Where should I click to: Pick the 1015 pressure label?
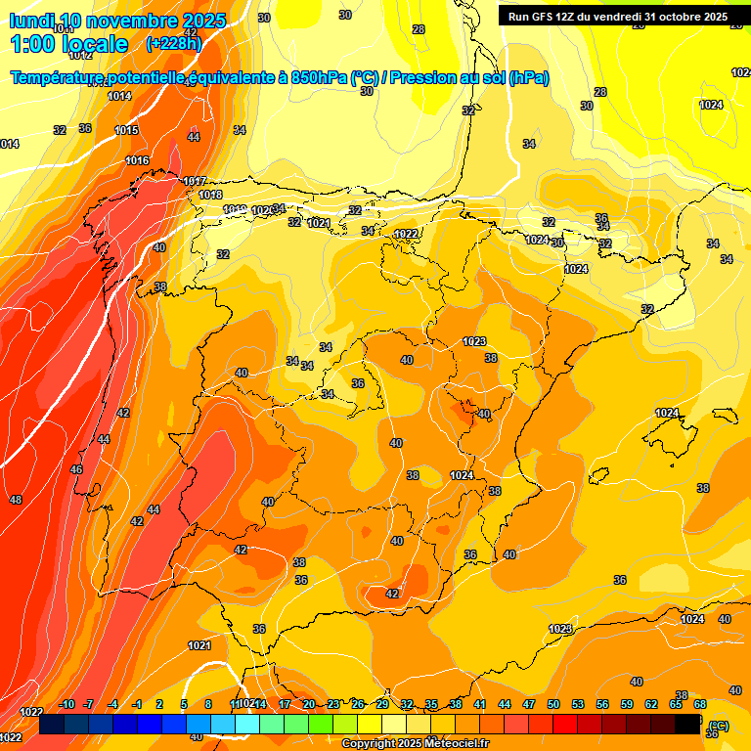pos(126,130)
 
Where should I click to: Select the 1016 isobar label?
pos(137,160)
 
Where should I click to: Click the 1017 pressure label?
pos(195,181)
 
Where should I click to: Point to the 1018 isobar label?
pos(210,195)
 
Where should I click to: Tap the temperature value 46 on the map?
pos(76,469)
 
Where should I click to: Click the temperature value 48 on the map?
pos(16,500)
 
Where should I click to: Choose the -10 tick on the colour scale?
pos(66,705)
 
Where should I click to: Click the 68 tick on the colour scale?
pos(700,705)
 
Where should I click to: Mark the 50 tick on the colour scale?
pos(553,705)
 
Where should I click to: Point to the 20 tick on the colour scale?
pos(309,705)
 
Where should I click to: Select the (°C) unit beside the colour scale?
pos(719,725)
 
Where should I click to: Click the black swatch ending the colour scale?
pos(687,724)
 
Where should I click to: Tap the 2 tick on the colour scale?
pos(159,705)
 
